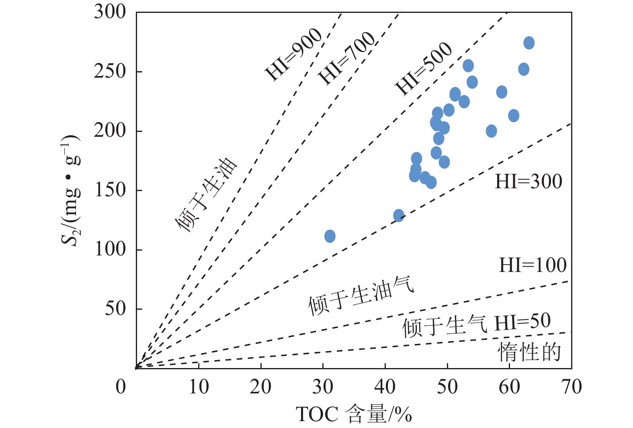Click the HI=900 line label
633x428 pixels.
point(293,55)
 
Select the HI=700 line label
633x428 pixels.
point(346,58)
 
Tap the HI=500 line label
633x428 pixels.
point(424,69)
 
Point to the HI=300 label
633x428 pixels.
point(528,182)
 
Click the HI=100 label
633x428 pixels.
point(533,265)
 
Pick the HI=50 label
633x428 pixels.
point(522,322)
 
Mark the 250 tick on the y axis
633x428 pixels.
point(110,72)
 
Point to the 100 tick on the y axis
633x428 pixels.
point(110,249)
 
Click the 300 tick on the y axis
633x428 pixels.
point(110,12)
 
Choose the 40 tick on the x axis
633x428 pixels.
point(385,387)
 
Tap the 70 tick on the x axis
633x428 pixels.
point(571,387)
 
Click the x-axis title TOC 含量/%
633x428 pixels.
point(354,414)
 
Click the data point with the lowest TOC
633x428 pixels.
point(330,236)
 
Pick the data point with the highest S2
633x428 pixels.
point(529,43)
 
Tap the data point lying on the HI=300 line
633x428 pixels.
point(398,216)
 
